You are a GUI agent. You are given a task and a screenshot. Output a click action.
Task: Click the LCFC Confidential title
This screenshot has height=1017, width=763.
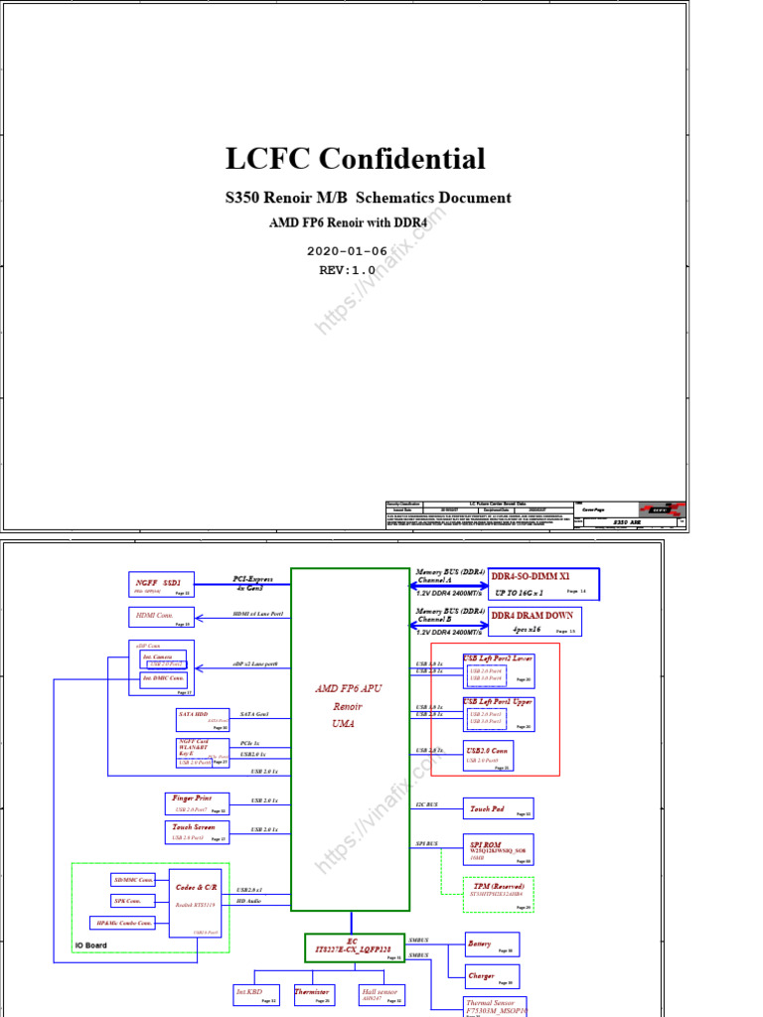(355, 159)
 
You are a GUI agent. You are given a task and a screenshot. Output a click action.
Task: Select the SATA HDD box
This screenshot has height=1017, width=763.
(203, 720)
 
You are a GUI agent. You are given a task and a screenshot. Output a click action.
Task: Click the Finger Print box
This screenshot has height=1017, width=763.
(197, 803)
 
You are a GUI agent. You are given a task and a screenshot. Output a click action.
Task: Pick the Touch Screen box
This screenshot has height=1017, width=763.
(197, 832)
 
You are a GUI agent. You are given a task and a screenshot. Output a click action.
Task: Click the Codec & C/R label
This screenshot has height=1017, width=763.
(196, 887)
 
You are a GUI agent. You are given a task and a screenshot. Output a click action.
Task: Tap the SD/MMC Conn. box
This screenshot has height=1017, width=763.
(133, 880)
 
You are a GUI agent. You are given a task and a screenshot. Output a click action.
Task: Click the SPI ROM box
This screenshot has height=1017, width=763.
(498, 849)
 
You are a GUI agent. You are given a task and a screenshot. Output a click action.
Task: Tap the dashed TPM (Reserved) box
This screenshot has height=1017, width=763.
(499, 894)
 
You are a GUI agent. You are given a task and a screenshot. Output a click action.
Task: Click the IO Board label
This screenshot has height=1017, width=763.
(91, 945)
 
